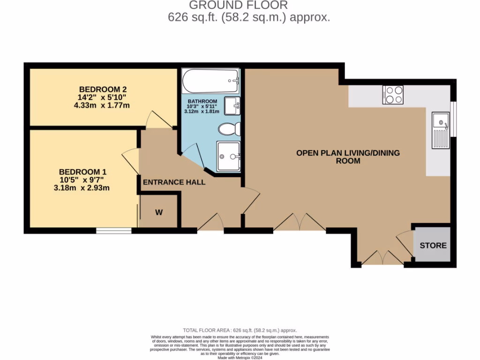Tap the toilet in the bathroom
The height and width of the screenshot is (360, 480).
(x=231, y=128)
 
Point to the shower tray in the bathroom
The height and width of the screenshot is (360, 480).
(x=228, y=156)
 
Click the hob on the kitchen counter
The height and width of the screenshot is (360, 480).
(x=392, y=94)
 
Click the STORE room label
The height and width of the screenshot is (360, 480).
(x=433, y=245)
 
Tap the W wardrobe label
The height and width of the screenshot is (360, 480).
(x=159, y=212)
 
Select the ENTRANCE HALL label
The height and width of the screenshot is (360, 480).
(x=174, y=182)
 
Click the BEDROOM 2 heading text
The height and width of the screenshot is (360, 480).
(x=103, y=89)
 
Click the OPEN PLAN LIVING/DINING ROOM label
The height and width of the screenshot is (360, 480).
(x=348, y=157)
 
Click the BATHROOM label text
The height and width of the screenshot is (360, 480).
(x=202, y=101)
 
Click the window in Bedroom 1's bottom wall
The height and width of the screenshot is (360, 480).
(x=114, y=230)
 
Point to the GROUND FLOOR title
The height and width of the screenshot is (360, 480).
(x=238, y=5)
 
